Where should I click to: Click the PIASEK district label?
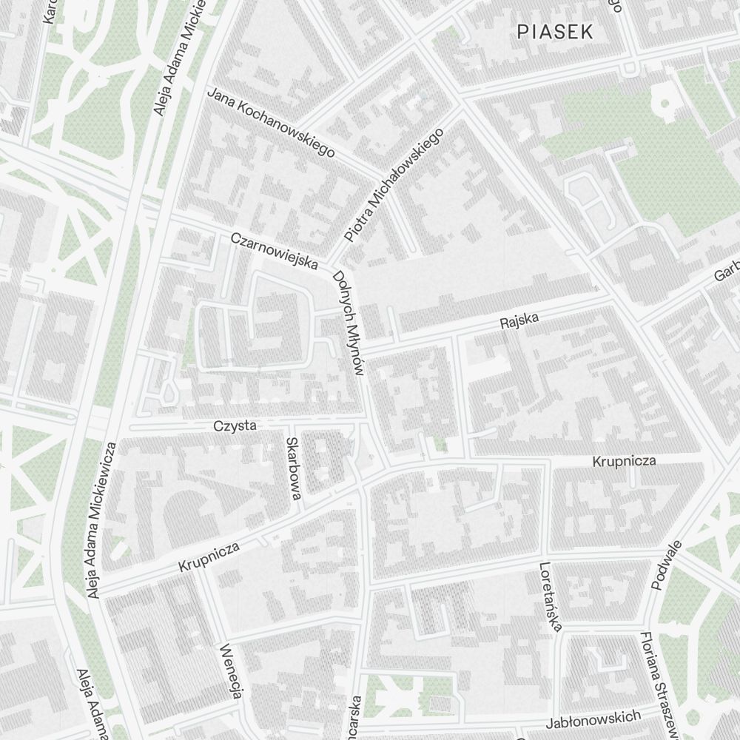click(555, 32)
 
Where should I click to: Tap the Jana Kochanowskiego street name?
click(271, 122)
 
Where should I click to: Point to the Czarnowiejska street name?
click(275, 252)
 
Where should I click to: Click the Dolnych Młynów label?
click(349, 324)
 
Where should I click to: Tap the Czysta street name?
click(235, 425)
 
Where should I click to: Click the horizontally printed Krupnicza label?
click(624, 461)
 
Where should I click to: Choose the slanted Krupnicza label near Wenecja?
click(209, 557)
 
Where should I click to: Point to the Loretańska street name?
click(550, 598)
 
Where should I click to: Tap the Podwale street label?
click(666, 565)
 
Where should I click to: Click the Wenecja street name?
click(231, 670)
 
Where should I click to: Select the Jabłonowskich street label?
click(594, 719)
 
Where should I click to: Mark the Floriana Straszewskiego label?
click(660, 684)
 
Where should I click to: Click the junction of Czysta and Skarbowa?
click(291, 426)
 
